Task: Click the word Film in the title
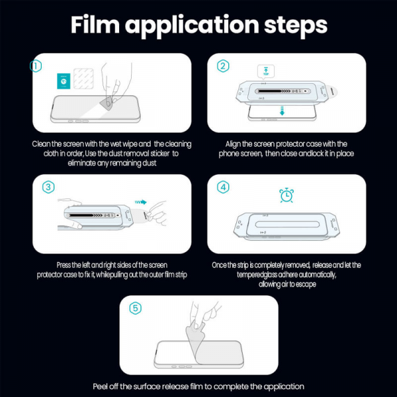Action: (x=100, y=26)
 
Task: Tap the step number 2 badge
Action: (x=223, y=66)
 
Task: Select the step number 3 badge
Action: (x=47, y=187)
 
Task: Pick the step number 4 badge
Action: (x=223, y=187)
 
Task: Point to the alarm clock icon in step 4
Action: (x=287, y=196)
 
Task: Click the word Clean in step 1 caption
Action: (x=40, y=144)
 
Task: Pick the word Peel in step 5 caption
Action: (x=100, y=386)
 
